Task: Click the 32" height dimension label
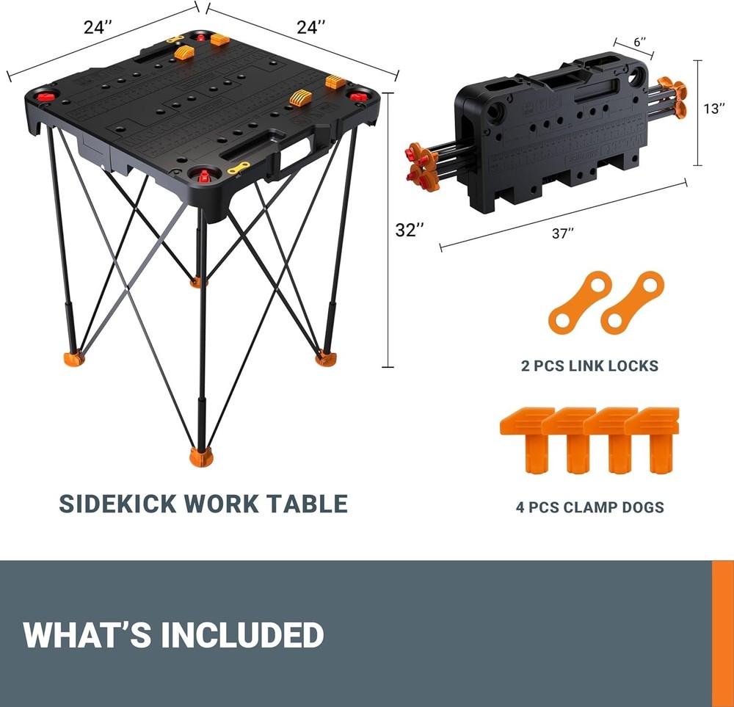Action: tap(410, 230)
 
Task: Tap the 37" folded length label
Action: tap(562, 233)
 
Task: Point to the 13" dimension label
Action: tap(713, 109)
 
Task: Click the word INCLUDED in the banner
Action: tap(241, 634)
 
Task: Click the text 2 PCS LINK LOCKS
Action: tap(589, 366)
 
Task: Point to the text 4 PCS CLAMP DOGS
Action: tap(589, 507)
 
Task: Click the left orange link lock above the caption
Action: tap(579, 302)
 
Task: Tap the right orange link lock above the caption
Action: tap(632, 302)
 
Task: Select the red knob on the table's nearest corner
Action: tap(201, 175)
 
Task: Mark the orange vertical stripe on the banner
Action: tap(722, 633)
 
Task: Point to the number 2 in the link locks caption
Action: tap(526, 366)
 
